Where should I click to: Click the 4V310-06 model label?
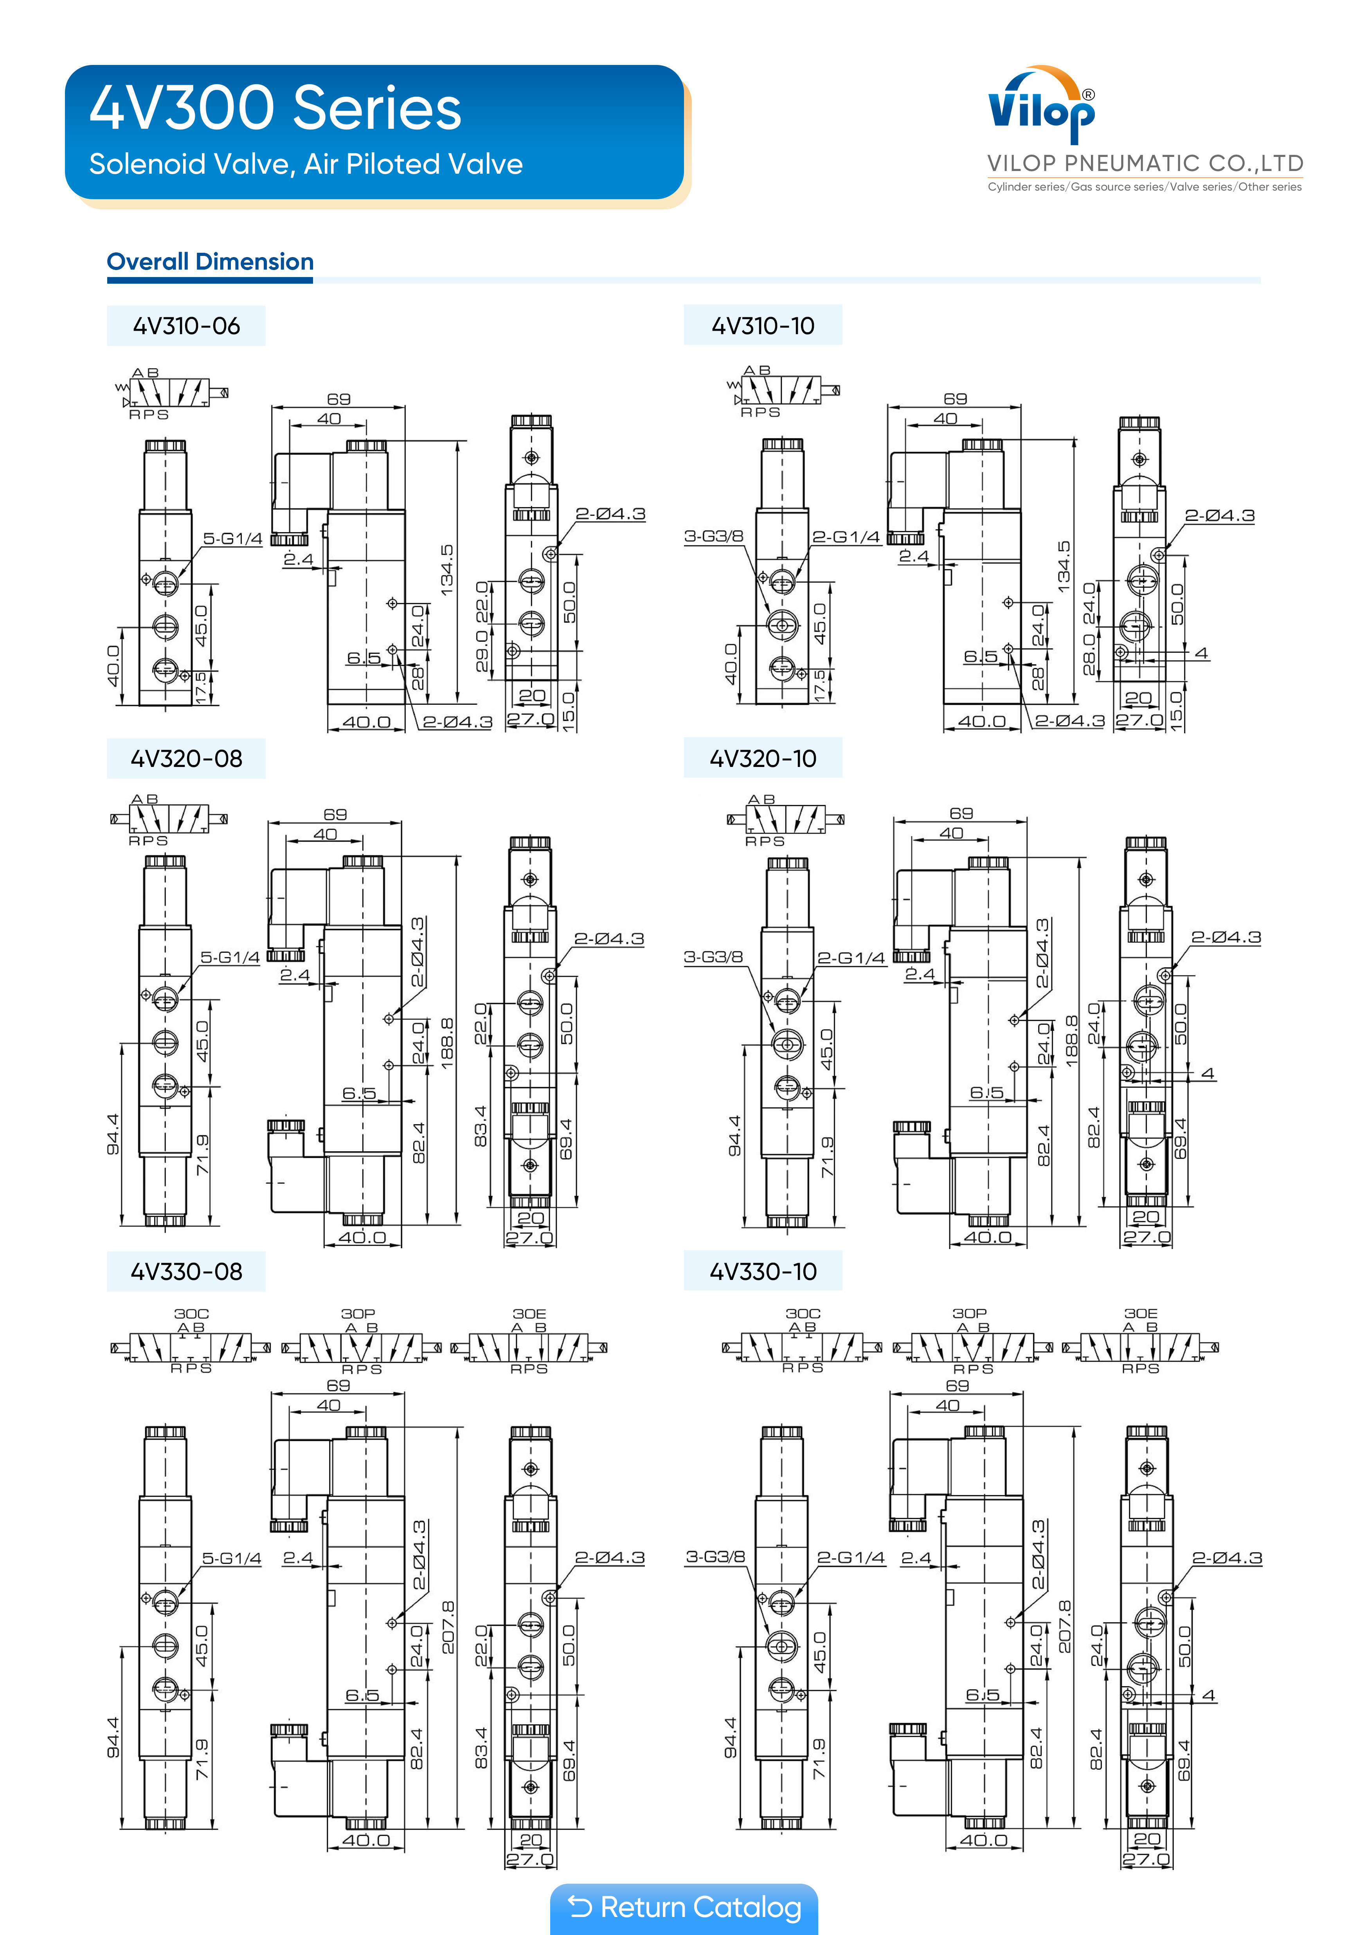pos(186,326)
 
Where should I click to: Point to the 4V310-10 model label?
pos(763,326)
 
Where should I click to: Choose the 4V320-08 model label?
pos(186,758)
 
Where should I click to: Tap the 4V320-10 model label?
pos(763,758)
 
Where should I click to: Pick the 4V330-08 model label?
pos(186,1272)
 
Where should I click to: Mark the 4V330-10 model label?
pos(763,1272)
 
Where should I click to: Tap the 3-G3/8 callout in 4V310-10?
pos(713,536)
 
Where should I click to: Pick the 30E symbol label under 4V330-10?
pos(1140,1313)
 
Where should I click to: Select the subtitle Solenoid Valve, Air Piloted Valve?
pos(306,164)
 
